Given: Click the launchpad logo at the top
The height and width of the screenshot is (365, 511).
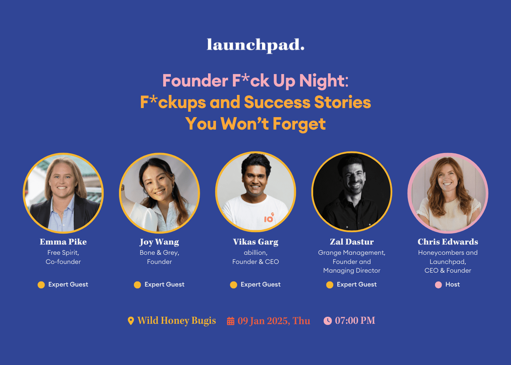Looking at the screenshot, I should pyautogui.click(x=255, y=45).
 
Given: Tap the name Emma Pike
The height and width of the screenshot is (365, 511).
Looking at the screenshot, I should pyautogui.click(x=63, y=242).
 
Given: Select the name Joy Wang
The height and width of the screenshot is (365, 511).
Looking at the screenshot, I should pyautogui.click(x=159, y=242).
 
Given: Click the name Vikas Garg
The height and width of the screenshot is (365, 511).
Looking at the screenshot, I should pyautogui.click(x=255, y=242).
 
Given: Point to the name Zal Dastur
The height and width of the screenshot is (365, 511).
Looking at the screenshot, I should pyautogui.click(x=352, y=242).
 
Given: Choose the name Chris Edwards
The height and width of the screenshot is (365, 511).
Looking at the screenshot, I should pyautogui.click(x=448, y=242).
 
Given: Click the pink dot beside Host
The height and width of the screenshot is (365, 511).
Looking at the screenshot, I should pyautogui.click(x=438, y=285).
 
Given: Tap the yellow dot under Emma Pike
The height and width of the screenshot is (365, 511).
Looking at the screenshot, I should pyautogui.click(x=41, y=285).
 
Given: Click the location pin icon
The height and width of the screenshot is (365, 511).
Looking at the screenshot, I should pyautogui.click(x=131, y=321).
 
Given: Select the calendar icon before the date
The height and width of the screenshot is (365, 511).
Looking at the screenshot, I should pyautogui.click(x=231, y=321).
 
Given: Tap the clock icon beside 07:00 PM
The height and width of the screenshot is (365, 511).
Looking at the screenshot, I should pyautogui.click(x=328, y=321).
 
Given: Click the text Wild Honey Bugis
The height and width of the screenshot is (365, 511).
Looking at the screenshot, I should pyautogui.click(x=177, y=320).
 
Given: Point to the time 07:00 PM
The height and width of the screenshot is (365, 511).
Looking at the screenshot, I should pyautogui.click(x=355, y=320).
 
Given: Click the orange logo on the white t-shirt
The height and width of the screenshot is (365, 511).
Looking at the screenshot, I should pyautogui.click(x=269, y=218).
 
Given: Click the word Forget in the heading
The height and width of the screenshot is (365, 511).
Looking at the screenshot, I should pyautogui.click(x=299, y=124).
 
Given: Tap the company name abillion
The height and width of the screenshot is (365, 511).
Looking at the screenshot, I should pyautogui.click(x=255, y=253).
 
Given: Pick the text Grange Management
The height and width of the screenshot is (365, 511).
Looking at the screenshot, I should pyautogui.click(x=351, y=253).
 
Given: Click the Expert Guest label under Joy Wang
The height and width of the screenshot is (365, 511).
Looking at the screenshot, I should pyautogui.click(x=164, y=284).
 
